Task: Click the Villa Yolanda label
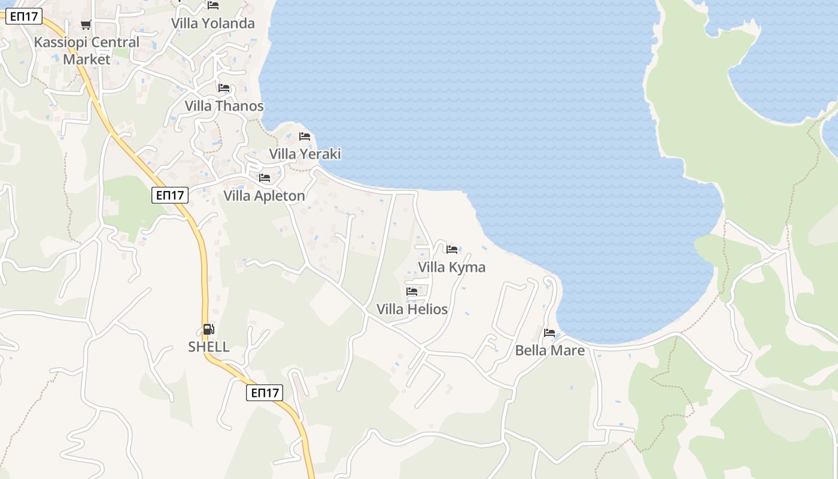click(x=213, y=23)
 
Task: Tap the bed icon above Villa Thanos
click(x=224, y=88)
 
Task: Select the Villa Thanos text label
click(x=224, y=106)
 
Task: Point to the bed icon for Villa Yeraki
click(x=305, y=137)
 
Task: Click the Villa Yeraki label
click(x=305, y=154)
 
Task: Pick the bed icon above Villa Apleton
click(x=264, y=178)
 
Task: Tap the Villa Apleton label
click(x=264, y=196)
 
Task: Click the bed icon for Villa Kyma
click(x=452, y=249)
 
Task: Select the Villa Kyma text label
click(x=452, y=267)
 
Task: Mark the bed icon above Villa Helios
click(x=412, y=292)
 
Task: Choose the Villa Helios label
click(x=412, y=310)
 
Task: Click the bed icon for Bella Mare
click(x=549, y=333)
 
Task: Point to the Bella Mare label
click(x=549, y=350)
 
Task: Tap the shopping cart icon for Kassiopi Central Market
click(x=86, y=25)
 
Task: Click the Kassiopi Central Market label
click(x=87, y=51)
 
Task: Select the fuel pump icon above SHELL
click(x=208, y=329)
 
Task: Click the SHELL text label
click(x=209, y=347)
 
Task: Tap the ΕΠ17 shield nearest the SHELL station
click(x=265, y=393)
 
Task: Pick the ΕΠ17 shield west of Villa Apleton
click(x=170, y=195)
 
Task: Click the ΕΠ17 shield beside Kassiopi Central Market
click(x=24, y=16)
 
